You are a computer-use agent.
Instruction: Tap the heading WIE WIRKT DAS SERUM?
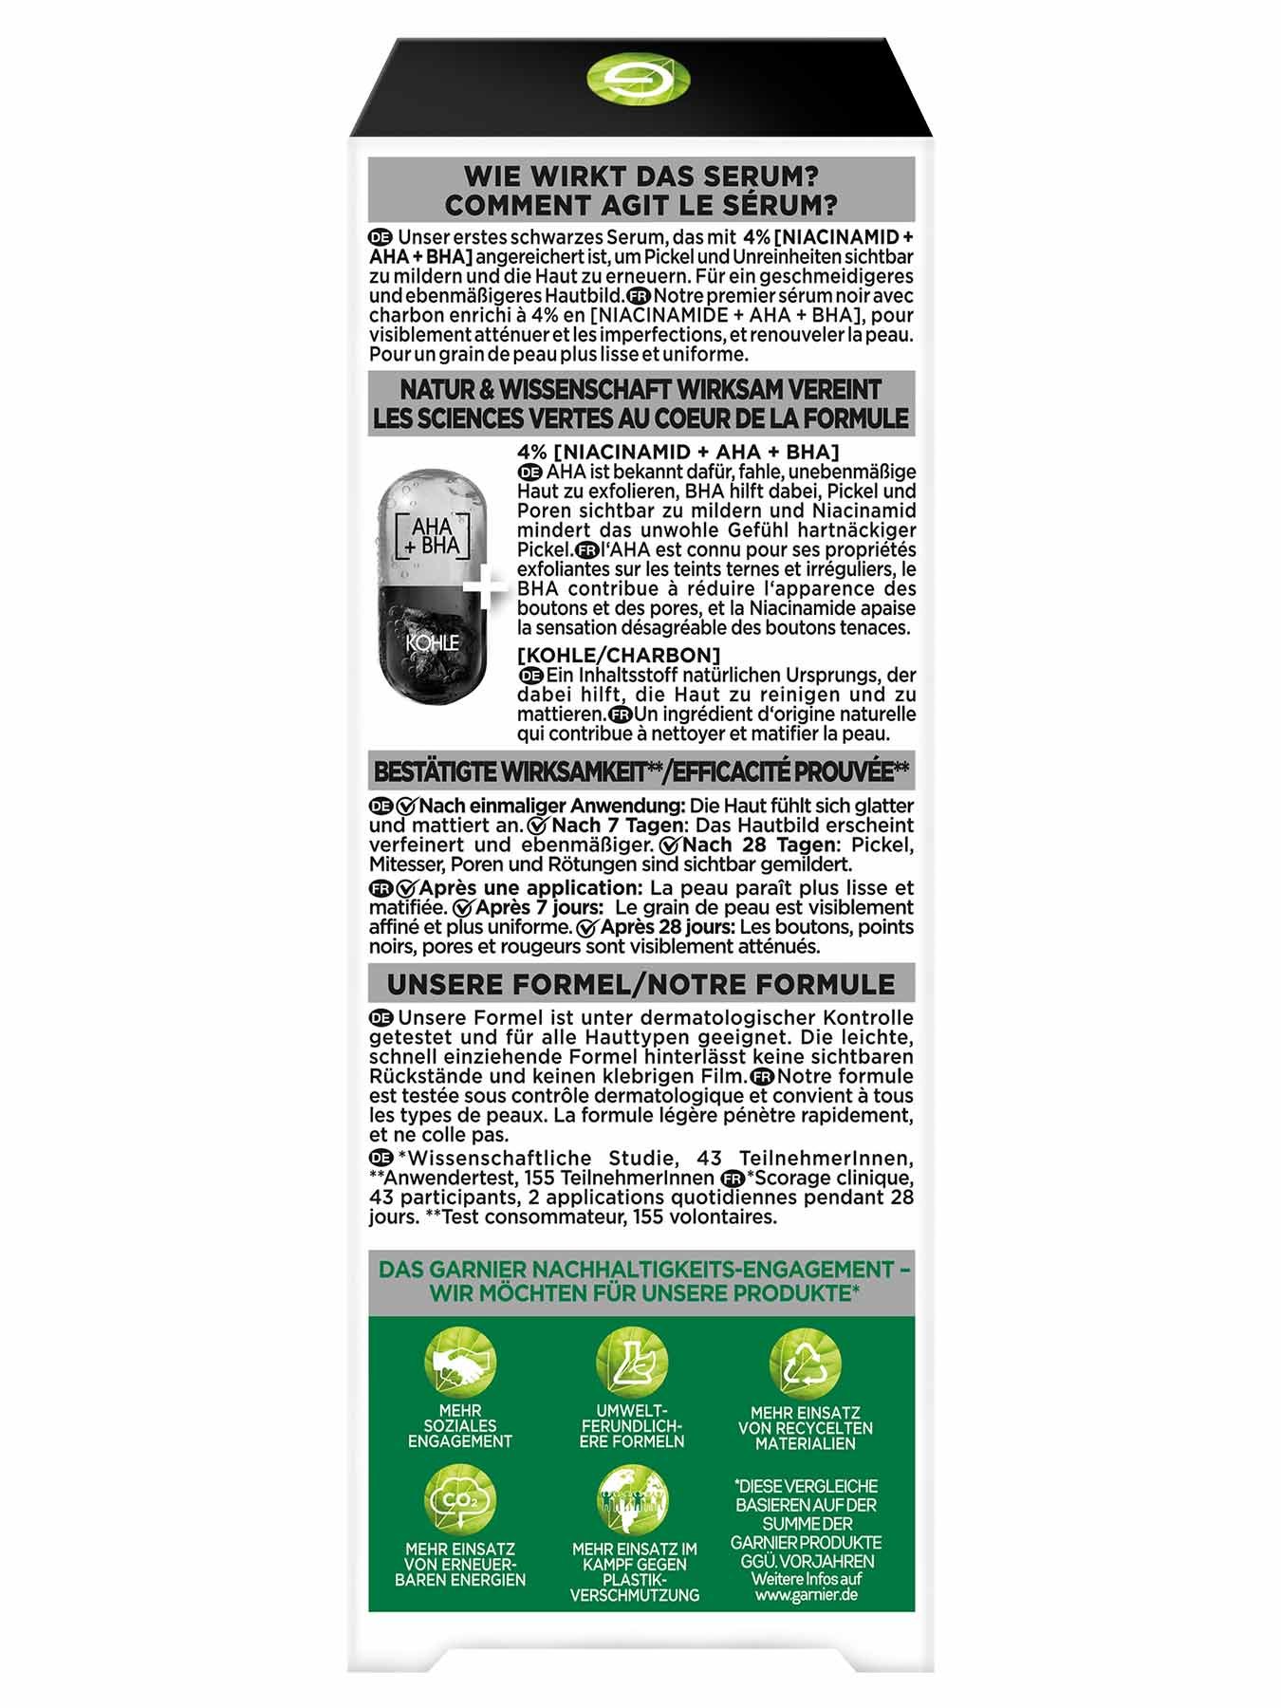(x=640, y=176)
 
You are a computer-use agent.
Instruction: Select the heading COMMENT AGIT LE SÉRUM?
(x=640, y=205)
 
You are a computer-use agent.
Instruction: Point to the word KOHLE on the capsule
(x=433, y=642)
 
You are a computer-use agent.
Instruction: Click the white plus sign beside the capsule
(x=485, y=589)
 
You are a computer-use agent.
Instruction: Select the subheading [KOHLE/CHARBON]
(x=619, y=656)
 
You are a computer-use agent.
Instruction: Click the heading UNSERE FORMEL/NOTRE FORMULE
(x=640, y=983)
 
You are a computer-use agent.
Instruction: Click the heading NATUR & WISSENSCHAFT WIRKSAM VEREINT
(x=640, y=389)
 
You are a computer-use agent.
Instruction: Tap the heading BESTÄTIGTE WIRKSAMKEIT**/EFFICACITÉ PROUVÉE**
(x=640, y=771)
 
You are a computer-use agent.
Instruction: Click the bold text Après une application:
(x=530, y=888)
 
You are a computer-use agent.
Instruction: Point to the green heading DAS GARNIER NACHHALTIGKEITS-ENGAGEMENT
(x=637, y=1269)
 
